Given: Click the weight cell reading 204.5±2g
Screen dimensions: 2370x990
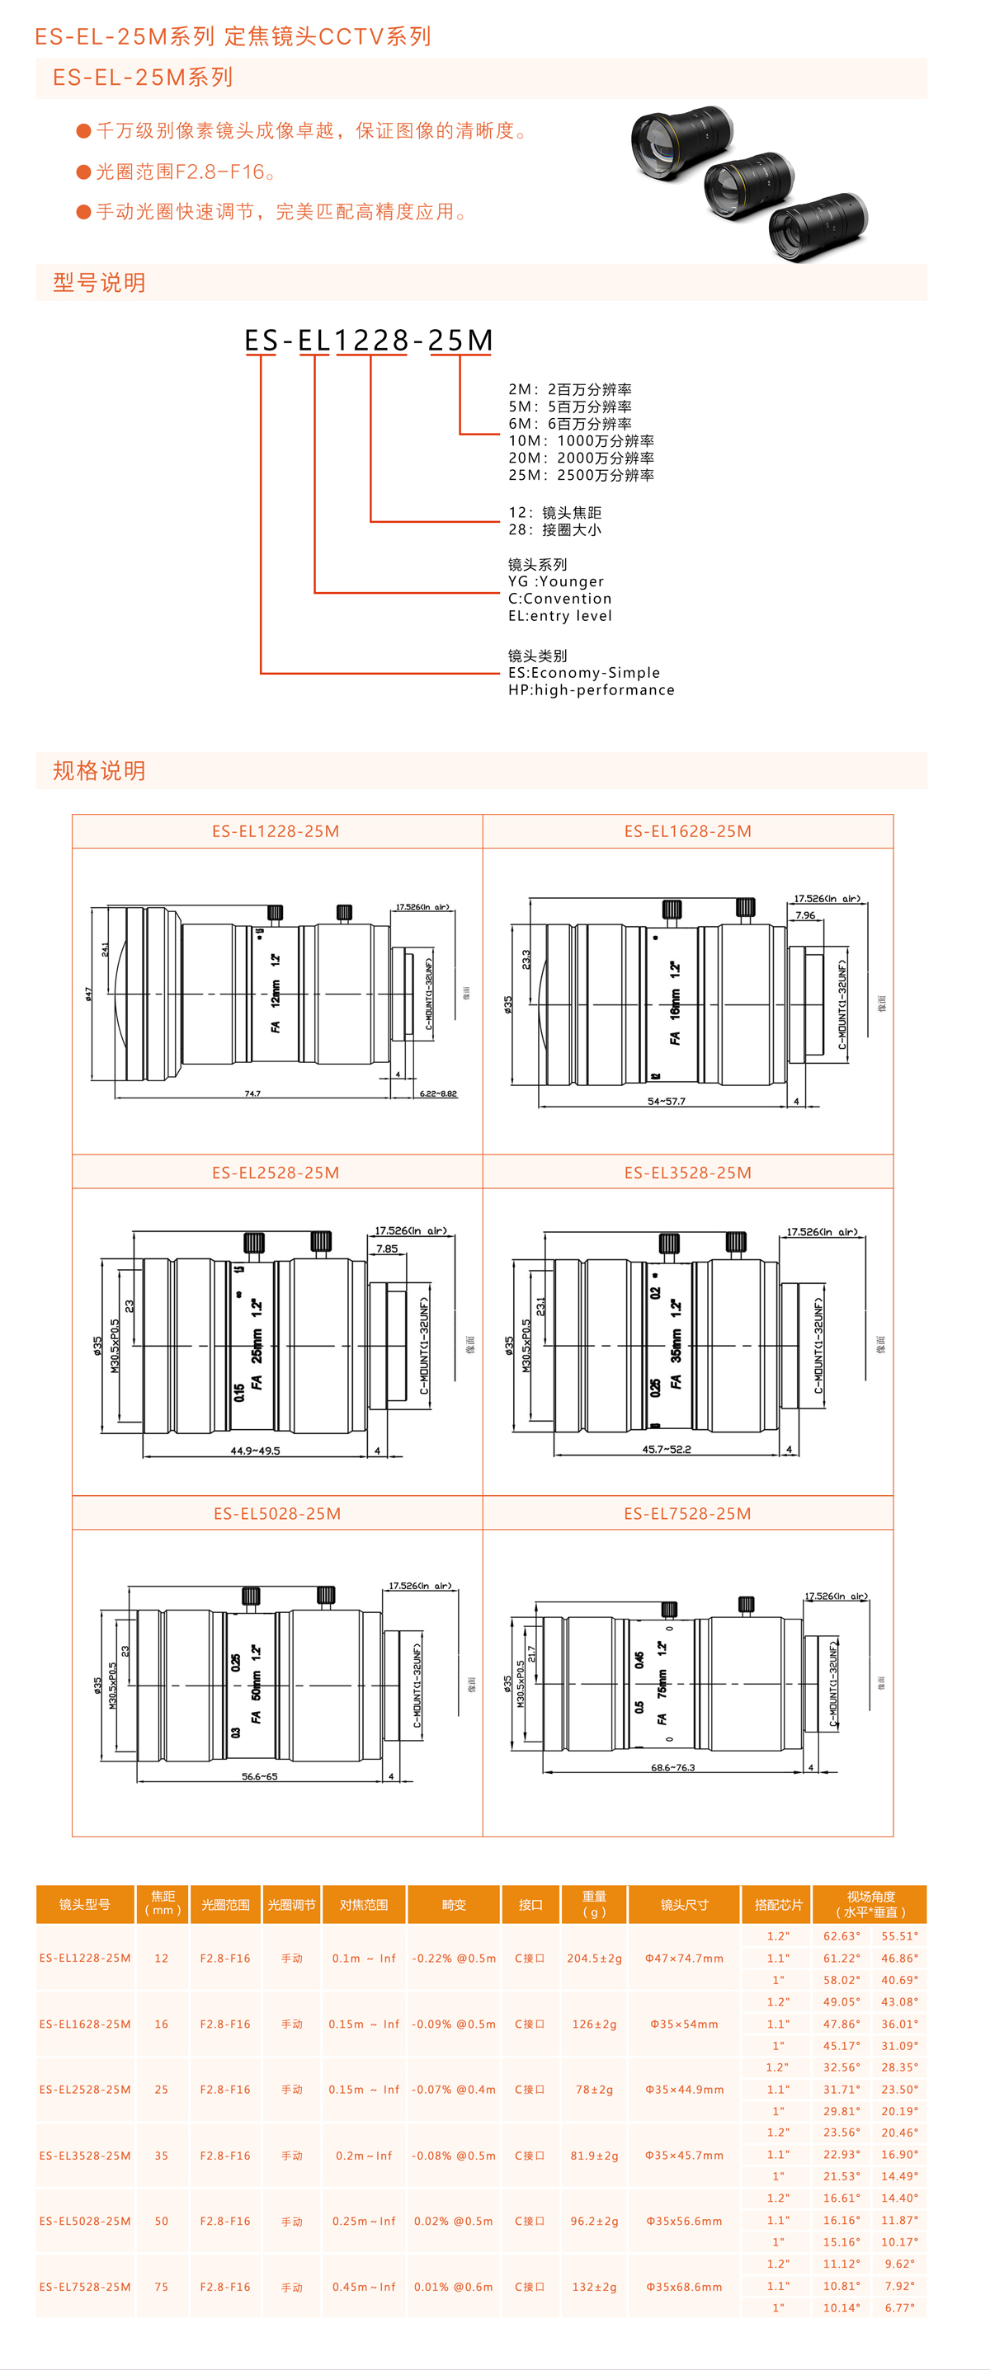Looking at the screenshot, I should tap(593, 1958).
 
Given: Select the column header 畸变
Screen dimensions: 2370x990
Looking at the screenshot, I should tap(454, 1904).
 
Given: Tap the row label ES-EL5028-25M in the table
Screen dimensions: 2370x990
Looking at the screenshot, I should tap(85, 2220).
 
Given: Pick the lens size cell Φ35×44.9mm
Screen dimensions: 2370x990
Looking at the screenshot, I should tap(684, 2090).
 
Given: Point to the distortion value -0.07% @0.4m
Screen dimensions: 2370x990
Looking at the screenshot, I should tap(454, 2090).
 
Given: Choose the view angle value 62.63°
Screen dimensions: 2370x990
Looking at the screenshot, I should tap(841, 1935).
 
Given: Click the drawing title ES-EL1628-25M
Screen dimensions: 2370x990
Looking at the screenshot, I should tap(687, 830).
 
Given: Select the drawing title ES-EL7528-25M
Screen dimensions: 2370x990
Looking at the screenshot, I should tap(687, 1513).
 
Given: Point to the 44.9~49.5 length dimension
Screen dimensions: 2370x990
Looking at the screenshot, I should tap(255, 1451).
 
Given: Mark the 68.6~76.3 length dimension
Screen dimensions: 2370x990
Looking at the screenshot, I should tap(672, 1767).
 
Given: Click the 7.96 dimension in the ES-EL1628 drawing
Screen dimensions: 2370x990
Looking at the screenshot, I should tap(805, 915).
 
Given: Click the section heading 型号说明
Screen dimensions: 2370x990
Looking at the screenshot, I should tap(99, 283).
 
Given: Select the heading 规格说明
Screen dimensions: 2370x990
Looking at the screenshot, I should tap(99, 770).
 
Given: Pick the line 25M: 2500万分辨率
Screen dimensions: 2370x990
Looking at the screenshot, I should tap(581, 475).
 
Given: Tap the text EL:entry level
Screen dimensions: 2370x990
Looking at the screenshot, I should tap(559, 615).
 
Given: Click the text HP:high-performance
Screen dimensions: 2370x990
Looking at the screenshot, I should tap(591, 690).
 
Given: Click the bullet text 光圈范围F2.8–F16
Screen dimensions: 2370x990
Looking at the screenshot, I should tap(186, 172).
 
